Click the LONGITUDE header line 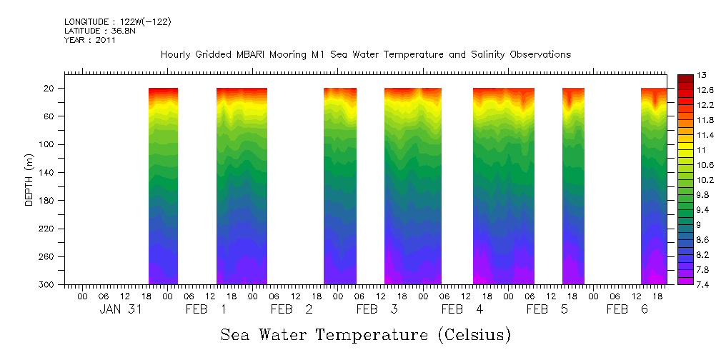117,22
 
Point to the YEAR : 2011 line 90,40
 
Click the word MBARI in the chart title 253,54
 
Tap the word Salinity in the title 474,54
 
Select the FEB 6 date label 627,309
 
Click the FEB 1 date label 206,309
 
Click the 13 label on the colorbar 702,75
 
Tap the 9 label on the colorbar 699,224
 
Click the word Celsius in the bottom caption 475,334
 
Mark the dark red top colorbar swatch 684,78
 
